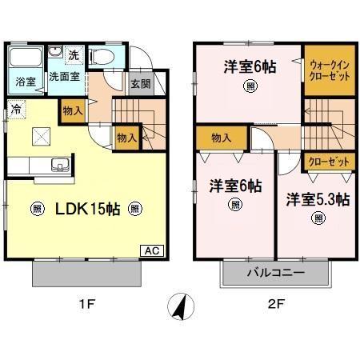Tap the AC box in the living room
point(151,250)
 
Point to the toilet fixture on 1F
point(101,57)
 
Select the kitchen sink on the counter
point(58,166)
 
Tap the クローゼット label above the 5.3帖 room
point(329,161)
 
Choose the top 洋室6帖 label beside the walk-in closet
point(250,66)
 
